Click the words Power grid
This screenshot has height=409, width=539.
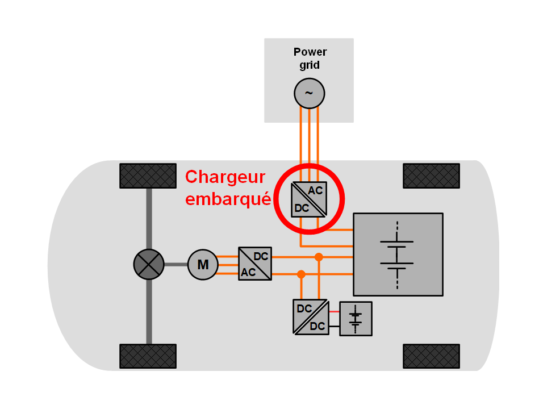point(310,59)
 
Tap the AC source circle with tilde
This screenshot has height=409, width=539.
point(309,93)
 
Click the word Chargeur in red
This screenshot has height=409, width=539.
point(225,177)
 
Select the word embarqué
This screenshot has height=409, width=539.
point(228,200)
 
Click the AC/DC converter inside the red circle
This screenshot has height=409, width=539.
point(309,199)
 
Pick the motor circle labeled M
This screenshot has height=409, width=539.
point(203,264)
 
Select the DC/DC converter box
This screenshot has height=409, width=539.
point(310,317)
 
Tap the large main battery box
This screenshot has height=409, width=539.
point(398,254)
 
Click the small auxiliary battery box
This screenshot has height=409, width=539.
point(356,319)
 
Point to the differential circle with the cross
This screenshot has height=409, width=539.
point(149,264)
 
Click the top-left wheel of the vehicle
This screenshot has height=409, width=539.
point(148,176)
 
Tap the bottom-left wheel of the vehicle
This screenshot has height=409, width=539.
point(148,356)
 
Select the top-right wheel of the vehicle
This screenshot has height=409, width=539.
point(431,176)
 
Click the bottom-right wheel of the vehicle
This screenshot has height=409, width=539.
point(431,356)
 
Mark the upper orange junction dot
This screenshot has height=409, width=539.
point(319,257)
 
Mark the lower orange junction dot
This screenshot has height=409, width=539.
point(301,274)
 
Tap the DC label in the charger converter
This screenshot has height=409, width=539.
point(302,208)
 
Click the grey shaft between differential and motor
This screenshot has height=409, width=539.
point(176,264)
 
